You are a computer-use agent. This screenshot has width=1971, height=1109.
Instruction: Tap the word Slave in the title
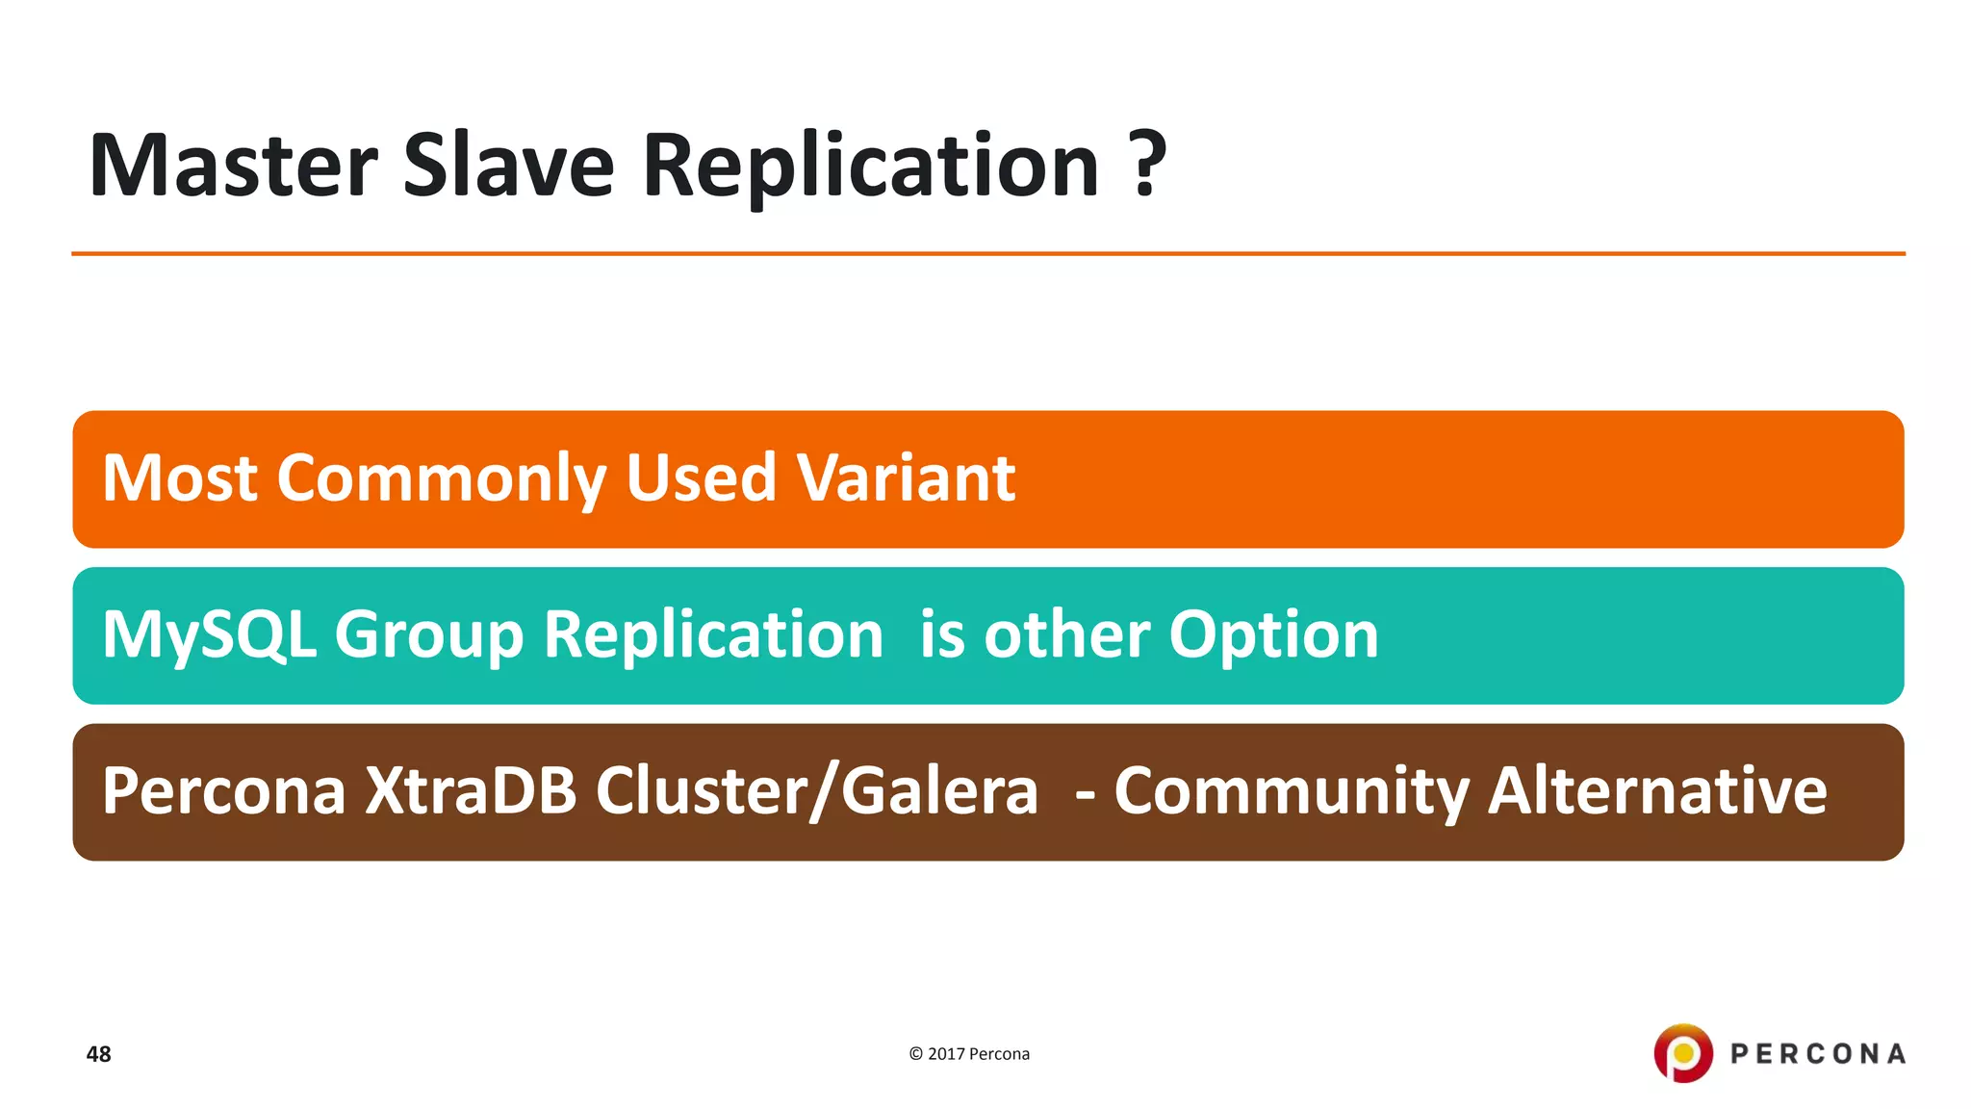point(508,166)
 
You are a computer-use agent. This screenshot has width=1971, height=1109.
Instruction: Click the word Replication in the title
point(871,166)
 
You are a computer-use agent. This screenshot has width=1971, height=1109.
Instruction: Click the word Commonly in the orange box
point(442,478)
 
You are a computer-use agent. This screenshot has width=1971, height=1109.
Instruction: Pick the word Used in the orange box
point(701,478)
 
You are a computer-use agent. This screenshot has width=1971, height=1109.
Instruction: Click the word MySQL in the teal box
point(209,635)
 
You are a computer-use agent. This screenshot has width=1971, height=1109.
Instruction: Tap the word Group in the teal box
point(428,635)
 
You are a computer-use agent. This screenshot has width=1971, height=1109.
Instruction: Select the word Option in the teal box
point(1273,635)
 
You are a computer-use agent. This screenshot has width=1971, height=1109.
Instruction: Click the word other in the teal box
point(1065,635)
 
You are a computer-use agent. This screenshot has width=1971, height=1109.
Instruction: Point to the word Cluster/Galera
point(816,791)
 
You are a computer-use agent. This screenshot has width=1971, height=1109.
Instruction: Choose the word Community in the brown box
point(1291,791)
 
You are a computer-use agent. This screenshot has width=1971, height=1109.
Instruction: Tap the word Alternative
point(1656,791)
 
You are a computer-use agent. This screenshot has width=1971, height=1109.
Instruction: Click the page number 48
point(98,1054)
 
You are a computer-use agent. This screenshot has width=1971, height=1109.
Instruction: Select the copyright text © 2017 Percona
point(969,1054)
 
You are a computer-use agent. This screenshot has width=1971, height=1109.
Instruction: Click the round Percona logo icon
point(1682,1053)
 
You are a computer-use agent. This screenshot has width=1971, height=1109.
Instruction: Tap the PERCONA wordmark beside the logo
point(1817,1054)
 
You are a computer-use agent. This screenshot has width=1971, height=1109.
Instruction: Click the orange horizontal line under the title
point(987,254)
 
